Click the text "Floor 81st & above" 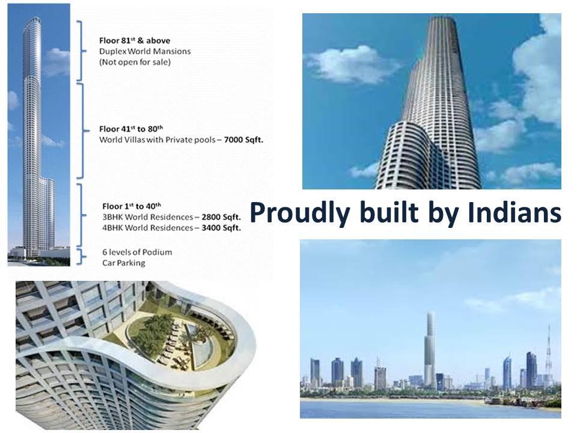(x=135, y=40)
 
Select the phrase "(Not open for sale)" (x=135, y=62)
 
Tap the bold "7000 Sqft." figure (x=243, y=140)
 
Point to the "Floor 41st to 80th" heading (x=131, y=129)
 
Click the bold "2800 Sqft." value (x=221, y=217)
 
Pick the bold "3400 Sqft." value (x=221, y=228)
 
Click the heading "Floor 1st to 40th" (x=132, y=206)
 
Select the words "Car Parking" (x=124, y=263)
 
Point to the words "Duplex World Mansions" (x=145, y=51)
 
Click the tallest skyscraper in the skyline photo (x=429, y=350)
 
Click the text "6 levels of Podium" (x=137, y=252)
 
